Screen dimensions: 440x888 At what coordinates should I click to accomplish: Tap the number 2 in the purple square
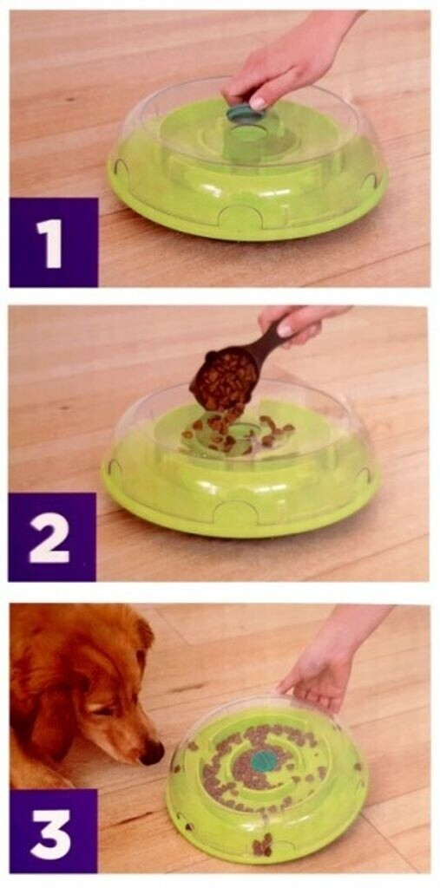click(49, 538)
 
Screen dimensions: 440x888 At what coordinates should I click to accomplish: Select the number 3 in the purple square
click(53, 832)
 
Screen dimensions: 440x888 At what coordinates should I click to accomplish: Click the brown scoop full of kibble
click(233, 373)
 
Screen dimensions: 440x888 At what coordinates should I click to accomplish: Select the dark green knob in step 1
click(245, 114)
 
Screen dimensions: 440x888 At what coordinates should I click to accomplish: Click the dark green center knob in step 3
click(263, 761)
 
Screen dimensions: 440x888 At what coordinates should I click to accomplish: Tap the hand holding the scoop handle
click(304, 323)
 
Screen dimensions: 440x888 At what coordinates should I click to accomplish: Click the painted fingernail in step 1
click(258, 104)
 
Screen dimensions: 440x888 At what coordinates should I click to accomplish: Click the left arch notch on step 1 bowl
click(121, 166)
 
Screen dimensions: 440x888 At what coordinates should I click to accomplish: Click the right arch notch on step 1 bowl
click(371, 181)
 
